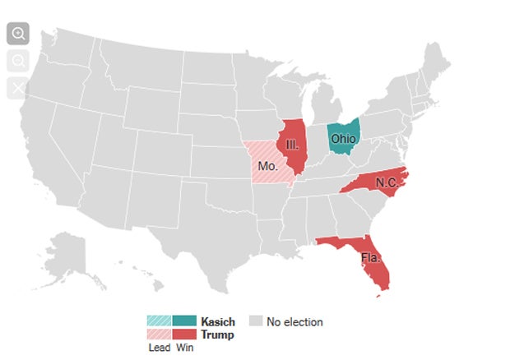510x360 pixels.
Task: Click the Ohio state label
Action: [x=343, y=139]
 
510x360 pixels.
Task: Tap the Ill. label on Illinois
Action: [x=293, y=145]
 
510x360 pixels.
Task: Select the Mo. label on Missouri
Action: [x=267, y=166]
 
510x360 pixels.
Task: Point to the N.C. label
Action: [x=387, y=182]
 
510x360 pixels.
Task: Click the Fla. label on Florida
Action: [x=371, y=257]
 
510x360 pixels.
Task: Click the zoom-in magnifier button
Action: [x=18, y=34]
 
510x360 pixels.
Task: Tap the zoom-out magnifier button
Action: [x=18, y=60]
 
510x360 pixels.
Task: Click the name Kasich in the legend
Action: [x=218, y=321]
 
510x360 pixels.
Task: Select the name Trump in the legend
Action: [x=217, y=335]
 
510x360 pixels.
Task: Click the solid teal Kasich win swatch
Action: [x=184, y=321]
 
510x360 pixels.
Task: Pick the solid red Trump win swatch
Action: [x=184, y=335]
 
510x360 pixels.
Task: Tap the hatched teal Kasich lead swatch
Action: [x=159, y=321]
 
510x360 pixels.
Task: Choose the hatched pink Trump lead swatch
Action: [x=159, y=335]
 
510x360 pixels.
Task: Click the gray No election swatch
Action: [x=255, y=321]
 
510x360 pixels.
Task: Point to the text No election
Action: [x=294, y=321]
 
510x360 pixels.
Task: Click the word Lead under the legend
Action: [x=158, y=348]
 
